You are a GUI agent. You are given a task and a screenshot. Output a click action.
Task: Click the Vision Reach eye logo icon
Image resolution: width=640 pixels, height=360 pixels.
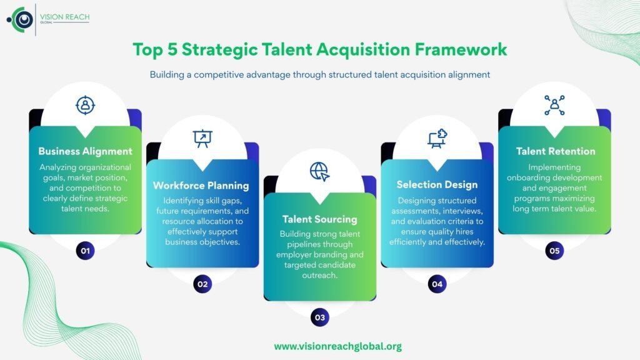pyautogui.click(x=23, y=19)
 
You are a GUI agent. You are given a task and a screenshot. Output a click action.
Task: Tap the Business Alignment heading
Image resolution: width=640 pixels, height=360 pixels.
pyautogui.click(x=85, y=151)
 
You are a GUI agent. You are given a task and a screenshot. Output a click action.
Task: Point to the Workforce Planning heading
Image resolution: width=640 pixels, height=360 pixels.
pyautogui.click(x=201, y=186)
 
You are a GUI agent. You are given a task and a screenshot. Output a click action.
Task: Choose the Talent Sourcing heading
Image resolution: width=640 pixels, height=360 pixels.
pyautogui.click(x=319, y=219)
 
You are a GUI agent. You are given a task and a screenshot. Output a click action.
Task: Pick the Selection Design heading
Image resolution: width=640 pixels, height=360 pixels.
pyautogui.click(x=437, y=184)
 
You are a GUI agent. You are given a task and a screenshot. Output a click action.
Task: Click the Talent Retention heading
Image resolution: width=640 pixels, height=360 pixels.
pyautogui.click(x=555, y=151)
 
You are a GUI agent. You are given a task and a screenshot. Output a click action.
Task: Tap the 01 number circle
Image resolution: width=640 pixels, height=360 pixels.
pyautogui.click(x=85, y=251)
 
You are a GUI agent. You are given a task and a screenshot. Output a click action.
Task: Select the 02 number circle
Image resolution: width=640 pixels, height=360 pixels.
pyautogui.click(x=202, y=284)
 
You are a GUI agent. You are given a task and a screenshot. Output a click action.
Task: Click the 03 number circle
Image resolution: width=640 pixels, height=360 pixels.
pyautogui.click(x=319, y=317)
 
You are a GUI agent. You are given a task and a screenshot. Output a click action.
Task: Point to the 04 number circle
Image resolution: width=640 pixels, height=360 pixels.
pyautogui.click(x=437, y=284)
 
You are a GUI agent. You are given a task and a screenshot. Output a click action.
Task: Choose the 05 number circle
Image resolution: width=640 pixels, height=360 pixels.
pyautogui.click(x=554, y=251)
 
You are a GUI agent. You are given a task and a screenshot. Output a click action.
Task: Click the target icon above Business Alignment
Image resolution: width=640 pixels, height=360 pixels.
pyautogui.click(x=85, y=104)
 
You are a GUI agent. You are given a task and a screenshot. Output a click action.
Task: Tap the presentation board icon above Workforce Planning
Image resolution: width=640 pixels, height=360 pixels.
pyautogui.click(x=202, y=138)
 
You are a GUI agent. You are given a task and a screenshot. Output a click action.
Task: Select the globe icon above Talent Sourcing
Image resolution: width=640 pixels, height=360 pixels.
pyautogui.click(x=319, y=171)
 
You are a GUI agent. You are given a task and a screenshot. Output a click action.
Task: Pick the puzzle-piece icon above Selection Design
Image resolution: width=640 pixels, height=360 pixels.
pyautogui.click(x=437, y=138)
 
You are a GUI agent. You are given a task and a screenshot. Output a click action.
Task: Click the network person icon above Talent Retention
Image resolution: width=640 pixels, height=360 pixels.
pyautogui.click(x=554, y=105)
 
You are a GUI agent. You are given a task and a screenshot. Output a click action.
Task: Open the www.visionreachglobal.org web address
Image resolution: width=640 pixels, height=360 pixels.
pyautogui.click(x=337, y=346)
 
